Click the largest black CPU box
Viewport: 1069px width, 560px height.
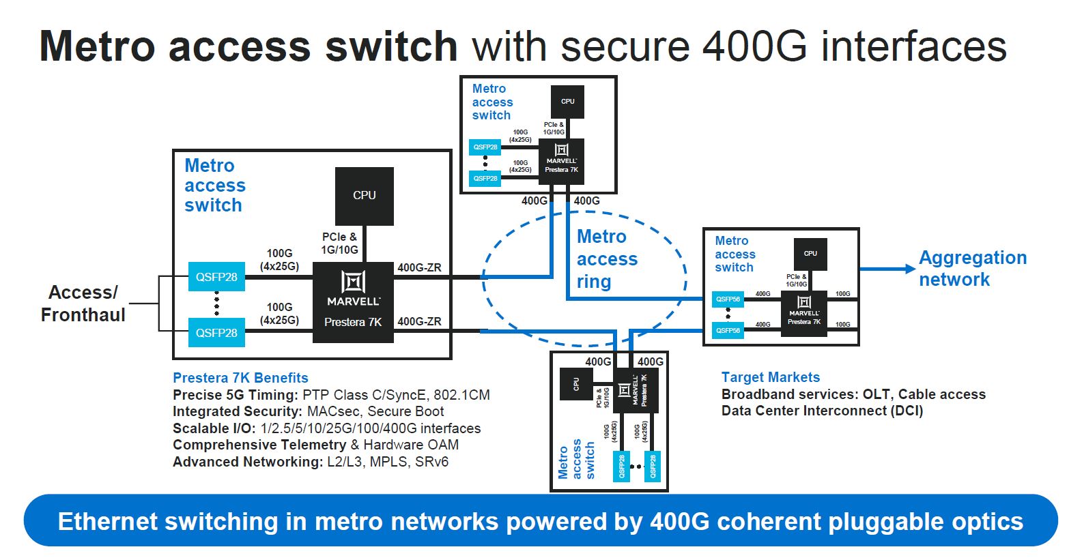point(364,196)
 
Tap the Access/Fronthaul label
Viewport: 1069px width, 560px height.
point(83,304)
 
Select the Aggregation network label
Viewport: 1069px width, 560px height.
point(972,268)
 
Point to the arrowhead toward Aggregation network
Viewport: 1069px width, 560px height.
point(910,269)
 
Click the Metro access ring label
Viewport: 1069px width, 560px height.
point(606,259)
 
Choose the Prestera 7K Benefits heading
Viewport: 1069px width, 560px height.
point(240,378)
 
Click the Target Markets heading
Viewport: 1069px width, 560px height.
point(770,377)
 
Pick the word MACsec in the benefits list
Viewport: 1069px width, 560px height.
point(334,411)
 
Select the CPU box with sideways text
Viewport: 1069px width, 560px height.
point(575,384)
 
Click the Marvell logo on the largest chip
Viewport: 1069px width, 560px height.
point(353,282)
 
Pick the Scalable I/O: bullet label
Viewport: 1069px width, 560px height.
point(214,428)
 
